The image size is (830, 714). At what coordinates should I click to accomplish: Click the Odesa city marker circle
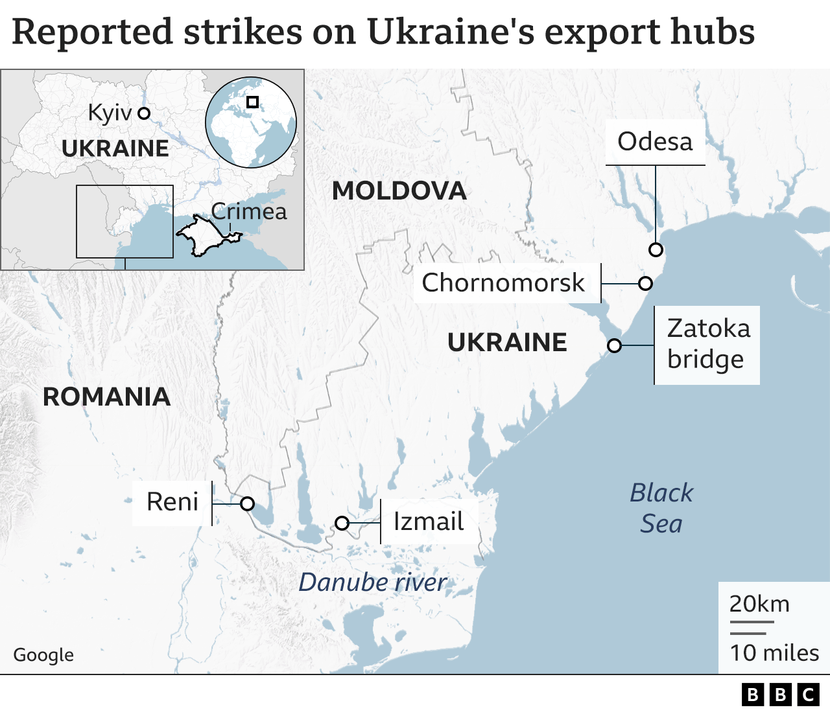point(656,249)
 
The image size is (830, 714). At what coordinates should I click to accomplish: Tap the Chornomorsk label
point(503,282)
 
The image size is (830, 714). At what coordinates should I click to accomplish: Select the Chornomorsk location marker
point(645,283)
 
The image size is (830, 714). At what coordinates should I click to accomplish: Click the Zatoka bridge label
point(707,344)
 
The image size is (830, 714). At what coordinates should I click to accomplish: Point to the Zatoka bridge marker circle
point(614,345)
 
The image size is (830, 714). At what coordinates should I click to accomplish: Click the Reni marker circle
point(247,503)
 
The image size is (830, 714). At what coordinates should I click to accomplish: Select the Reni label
point(172,502)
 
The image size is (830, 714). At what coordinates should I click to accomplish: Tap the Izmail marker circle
point(342,523)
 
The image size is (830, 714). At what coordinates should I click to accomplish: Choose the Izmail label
point(429,522)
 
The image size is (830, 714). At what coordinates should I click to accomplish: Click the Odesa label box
point(655,142)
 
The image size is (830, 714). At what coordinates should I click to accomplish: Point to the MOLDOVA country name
point(399,191)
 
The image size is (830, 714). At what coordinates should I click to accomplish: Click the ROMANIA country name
point(106,397)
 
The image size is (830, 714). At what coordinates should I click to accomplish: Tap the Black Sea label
point(661,508)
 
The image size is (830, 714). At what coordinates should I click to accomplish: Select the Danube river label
point(372,582)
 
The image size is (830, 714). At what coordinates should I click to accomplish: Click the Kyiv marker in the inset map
point(144,113)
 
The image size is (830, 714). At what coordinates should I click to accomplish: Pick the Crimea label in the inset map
point(249,212)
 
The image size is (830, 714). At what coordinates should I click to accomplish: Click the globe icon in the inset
point(251,122)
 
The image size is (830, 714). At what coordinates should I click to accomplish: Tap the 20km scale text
point(759,604)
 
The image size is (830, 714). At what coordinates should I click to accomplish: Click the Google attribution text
point(43,655)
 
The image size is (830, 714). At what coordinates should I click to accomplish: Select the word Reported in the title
point(93,32)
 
